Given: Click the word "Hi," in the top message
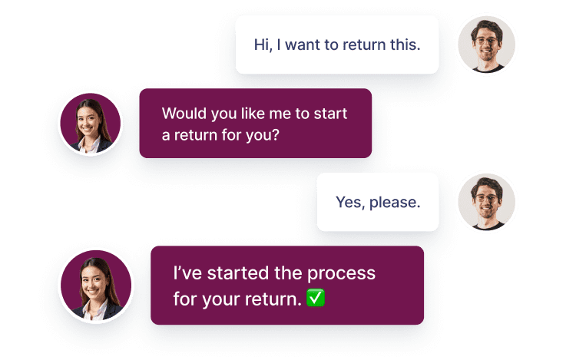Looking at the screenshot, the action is point(263,45).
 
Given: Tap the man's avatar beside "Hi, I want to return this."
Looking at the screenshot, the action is point(486,45).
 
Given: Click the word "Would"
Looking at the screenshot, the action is point(184,114).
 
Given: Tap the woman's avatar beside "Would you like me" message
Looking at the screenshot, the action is point(91,124).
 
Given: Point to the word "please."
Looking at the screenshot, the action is point(395,203).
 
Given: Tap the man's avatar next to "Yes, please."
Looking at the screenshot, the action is point(486,202).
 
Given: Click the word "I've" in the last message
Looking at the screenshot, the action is point(187,273).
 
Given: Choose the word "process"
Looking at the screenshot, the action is point(341,274).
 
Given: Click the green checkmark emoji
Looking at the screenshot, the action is point(316,298).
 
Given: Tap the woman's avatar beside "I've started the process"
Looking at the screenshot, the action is point(96,286).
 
